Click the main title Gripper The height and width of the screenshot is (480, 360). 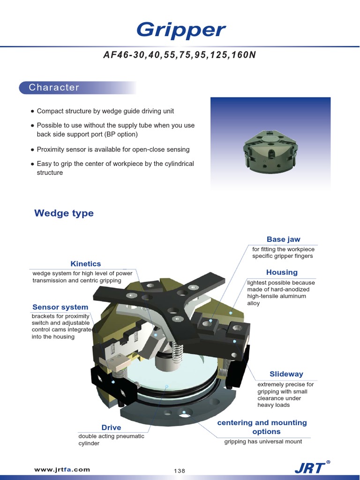pyautogui.click(x=180, y=30)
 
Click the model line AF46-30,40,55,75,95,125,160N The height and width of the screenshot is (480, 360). pyautogui.click(x=180, y=55)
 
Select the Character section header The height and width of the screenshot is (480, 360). pyautogui.click(x=54, y=88)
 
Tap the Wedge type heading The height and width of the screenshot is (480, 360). pyautogui.click(x=64, y=213)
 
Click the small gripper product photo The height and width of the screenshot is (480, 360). pyautogui.click(x=270, y=150)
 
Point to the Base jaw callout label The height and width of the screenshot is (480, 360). pyautogui.click(x=283, y=239)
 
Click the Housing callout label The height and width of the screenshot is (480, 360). pyautogui.click(x=282, y=272)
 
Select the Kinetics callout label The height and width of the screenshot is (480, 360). pyautogui.click(x=85, y=264)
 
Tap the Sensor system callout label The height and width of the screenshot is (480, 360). pyautogui.click(x=60, y=307)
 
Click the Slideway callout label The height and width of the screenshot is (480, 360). pyautogui.click(x=286, y=374)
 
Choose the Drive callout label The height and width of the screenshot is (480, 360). pyautogui.click(x=111, y=427)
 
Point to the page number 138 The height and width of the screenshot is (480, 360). pyautogui.click(x=180, y=471)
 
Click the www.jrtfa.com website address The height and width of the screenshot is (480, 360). pyautogui.click(x=62, y=469)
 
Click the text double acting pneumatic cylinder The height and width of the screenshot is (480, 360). pyautogui.click(x=111, y=440)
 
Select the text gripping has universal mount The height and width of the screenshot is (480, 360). pyautogui.click(x=263, y=442)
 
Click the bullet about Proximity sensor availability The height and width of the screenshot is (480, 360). pyautogui.click(x=113, y=150)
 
